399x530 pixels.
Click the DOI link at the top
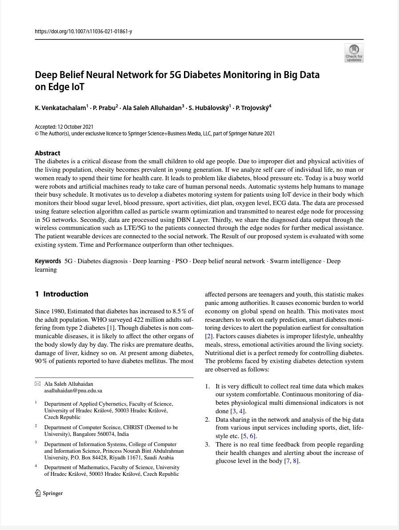tap(83, 32)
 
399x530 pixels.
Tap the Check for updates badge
tap(354, 53)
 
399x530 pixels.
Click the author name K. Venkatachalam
tap(60, 108)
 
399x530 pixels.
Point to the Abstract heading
tap(48, 153)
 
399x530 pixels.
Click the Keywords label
tap(48, 261)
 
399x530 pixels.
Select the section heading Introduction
tap(65, 294)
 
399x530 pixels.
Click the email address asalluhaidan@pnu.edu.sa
tap(73, 391)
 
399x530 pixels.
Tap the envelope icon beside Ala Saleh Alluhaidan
tap(38, 384)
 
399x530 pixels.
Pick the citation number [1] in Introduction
tap(111, 328)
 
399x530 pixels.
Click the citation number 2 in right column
tap(209, 336)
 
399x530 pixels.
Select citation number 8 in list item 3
tap(295, 461)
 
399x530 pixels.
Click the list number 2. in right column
tap(207, 419)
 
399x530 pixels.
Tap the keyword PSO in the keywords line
tap(181, 261)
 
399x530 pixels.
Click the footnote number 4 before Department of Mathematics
tap(36, 466)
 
